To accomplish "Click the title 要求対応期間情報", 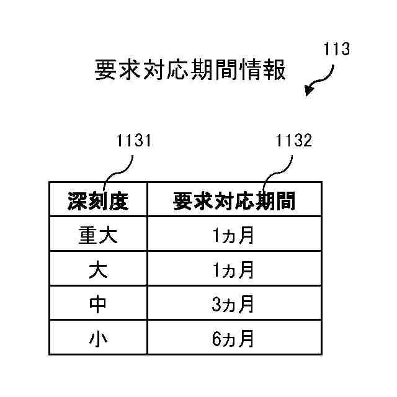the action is [190, 70].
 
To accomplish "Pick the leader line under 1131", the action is [119, 169].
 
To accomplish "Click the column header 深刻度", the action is [98, 200].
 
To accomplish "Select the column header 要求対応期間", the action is [234, 200].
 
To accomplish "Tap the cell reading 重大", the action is [98, 235].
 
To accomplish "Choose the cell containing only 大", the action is [98, 270].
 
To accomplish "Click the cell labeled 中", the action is [98, 305].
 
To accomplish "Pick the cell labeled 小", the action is [98, 339].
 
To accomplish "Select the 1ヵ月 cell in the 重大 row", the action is [234, 235].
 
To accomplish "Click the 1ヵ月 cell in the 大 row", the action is [234, 270].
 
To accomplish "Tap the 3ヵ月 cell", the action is [234, 305].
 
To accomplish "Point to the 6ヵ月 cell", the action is [234, 339].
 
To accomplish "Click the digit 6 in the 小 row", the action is [216, 339].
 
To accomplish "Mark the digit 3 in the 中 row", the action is [216, 305].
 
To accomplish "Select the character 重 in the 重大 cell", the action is [89, 235].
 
